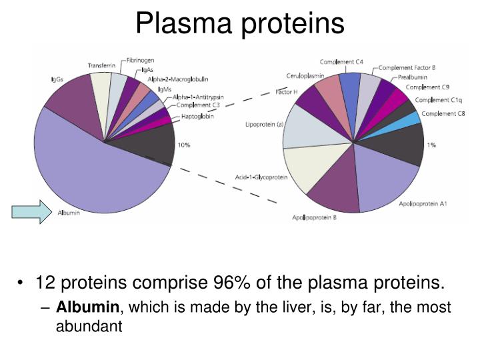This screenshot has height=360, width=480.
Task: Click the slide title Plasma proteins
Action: point(240,24)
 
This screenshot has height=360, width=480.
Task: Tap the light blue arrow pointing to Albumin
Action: point(31,211)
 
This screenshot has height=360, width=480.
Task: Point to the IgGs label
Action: point(57,80)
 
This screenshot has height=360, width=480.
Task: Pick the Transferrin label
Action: point(101,65)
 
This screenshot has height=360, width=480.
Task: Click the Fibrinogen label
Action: point(141,60)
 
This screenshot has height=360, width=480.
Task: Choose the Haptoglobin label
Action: point(198,117)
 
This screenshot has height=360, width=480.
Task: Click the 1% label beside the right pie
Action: point(432,145)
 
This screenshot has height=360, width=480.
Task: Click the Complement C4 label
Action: point(341,62)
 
